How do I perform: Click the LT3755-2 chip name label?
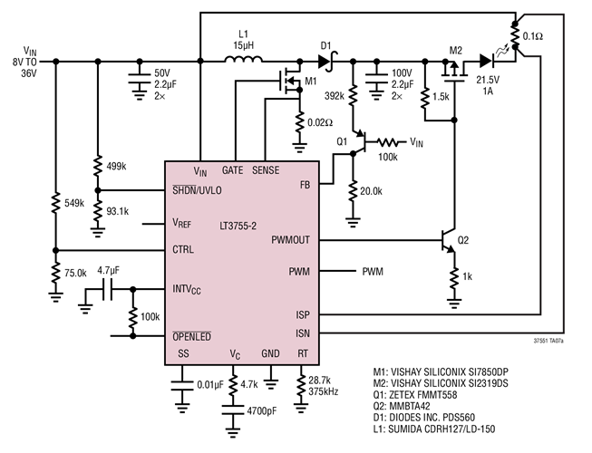point(241,222)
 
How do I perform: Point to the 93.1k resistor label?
point(118,211)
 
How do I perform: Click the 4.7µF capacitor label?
point(110,270)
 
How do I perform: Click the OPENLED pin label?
point(191,336)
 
